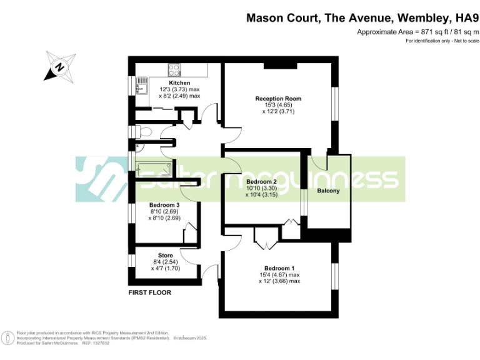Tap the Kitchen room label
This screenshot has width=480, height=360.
click(x=179, y=83)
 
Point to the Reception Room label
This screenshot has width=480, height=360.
click(x=278, y=99)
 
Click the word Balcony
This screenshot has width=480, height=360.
click(x=328, y=191)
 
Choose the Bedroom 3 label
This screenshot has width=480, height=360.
click(x=164, y=205)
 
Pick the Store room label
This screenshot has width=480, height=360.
click(x=165, y=255)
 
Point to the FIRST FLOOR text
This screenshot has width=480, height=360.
click(x=149, y=292)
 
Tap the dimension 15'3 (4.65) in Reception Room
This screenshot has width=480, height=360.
click(x=278, y=105)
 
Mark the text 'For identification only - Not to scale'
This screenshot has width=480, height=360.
click(x=442, y=41)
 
